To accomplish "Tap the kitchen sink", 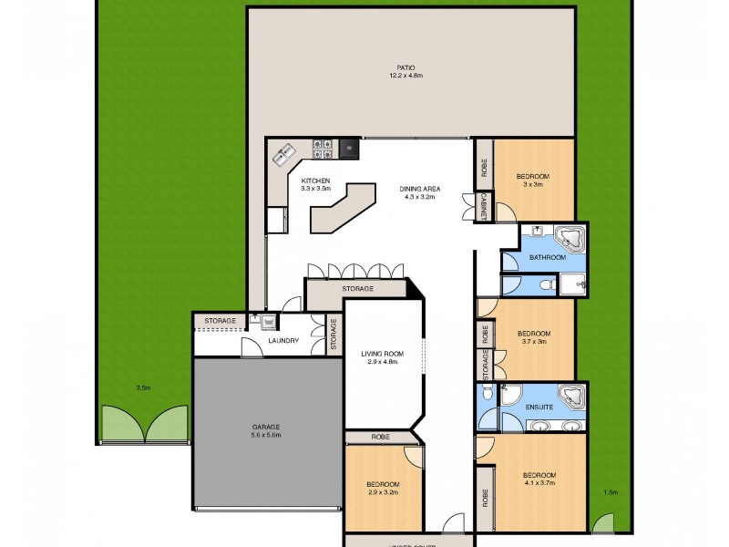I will [x=282, y=155].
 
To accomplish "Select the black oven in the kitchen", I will [x=348, y=146].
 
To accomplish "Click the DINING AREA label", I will [x=419, y=192].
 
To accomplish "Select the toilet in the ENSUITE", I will [x=488, y=393].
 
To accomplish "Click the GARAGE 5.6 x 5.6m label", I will [x=266, y=430].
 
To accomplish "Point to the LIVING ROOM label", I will [x=382, y=357].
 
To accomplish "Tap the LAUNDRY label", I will [x=283, y=341].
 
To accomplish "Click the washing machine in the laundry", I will [x=269, y=322].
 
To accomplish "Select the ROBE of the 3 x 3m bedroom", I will [x=482, y=168].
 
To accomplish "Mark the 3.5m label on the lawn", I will [x=142, y=387].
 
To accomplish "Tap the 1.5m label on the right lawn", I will [x=611, y=492].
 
